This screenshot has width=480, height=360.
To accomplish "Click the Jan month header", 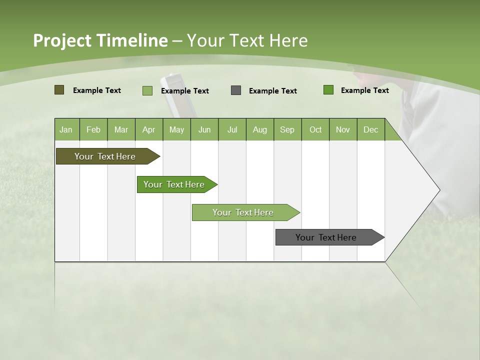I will click(66, 130).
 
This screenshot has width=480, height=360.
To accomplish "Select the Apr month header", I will click(148, 130).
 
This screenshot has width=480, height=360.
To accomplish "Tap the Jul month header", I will click(232, 130).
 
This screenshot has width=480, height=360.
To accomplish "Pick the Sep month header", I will click(287, 130).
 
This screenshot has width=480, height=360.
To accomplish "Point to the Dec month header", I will click(370, 130).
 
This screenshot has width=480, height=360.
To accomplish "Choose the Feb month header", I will click(93, 130).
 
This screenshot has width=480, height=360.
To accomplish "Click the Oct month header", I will click(315, 130).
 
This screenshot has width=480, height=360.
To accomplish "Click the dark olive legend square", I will click(59, 90).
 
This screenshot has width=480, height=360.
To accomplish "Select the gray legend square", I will click(236, 90).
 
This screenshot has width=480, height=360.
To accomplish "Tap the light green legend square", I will click(147, 90).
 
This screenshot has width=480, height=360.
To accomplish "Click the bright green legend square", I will click(328, 90).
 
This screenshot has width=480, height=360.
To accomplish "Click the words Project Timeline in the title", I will click(100, 40).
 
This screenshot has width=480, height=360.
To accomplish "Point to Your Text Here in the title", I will click(247, 40).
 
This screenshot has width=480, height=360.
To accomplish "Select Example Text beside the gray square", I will click(272, 91).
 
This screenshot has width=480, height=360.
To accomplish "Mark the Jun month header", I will click(204, 130).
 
